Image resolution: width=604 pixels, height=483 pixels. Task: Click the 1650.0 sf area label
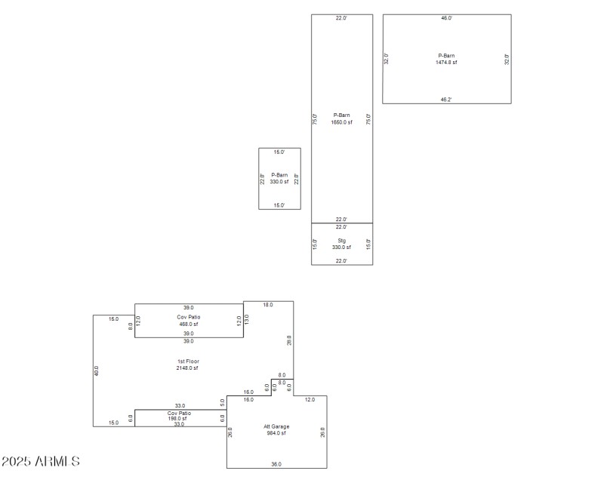341,122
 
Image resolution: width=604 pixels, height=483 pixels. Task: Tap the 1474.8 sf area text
446,62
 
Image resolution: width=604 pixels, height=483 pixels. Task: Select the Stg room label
341,241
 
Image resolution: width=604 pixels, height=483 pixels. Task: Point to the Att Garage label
276,426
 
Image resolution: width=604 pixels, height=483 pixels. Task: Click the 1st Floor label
188,361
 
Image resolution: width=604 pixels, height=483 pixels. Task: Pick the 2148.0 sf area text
188,368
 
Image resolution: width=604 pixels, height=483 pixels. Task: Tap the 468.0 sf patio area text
188,324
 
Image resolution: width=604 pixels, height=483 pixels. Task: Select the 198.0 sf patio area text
179,418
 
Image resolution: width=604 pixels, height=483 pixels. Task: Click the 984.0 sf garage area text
276,433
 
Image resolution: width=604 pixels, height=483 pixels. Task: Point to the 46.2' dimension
446,99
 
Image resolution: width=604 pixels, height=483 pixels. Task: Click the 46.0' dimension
446,18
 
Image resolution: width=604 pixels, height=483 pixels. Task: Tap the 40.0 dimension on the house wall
97,371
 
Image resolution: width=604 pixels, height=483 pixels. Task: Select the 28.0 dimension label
289,340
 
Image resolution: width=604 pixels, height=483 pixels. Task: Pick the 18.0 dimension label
267,305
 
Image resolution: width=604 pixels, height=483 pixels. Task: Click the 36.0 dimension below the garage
276,464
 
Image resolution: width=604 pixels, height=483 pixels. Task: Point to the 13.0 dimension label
247,319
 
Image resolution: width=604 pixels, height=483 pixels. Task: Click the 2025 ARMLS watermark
41,461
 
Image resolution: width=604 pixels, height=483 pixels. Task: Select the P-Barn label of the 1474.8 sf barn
446,55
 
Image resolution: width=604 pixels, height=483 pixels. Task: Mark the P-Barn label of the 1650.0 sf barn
341,115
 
